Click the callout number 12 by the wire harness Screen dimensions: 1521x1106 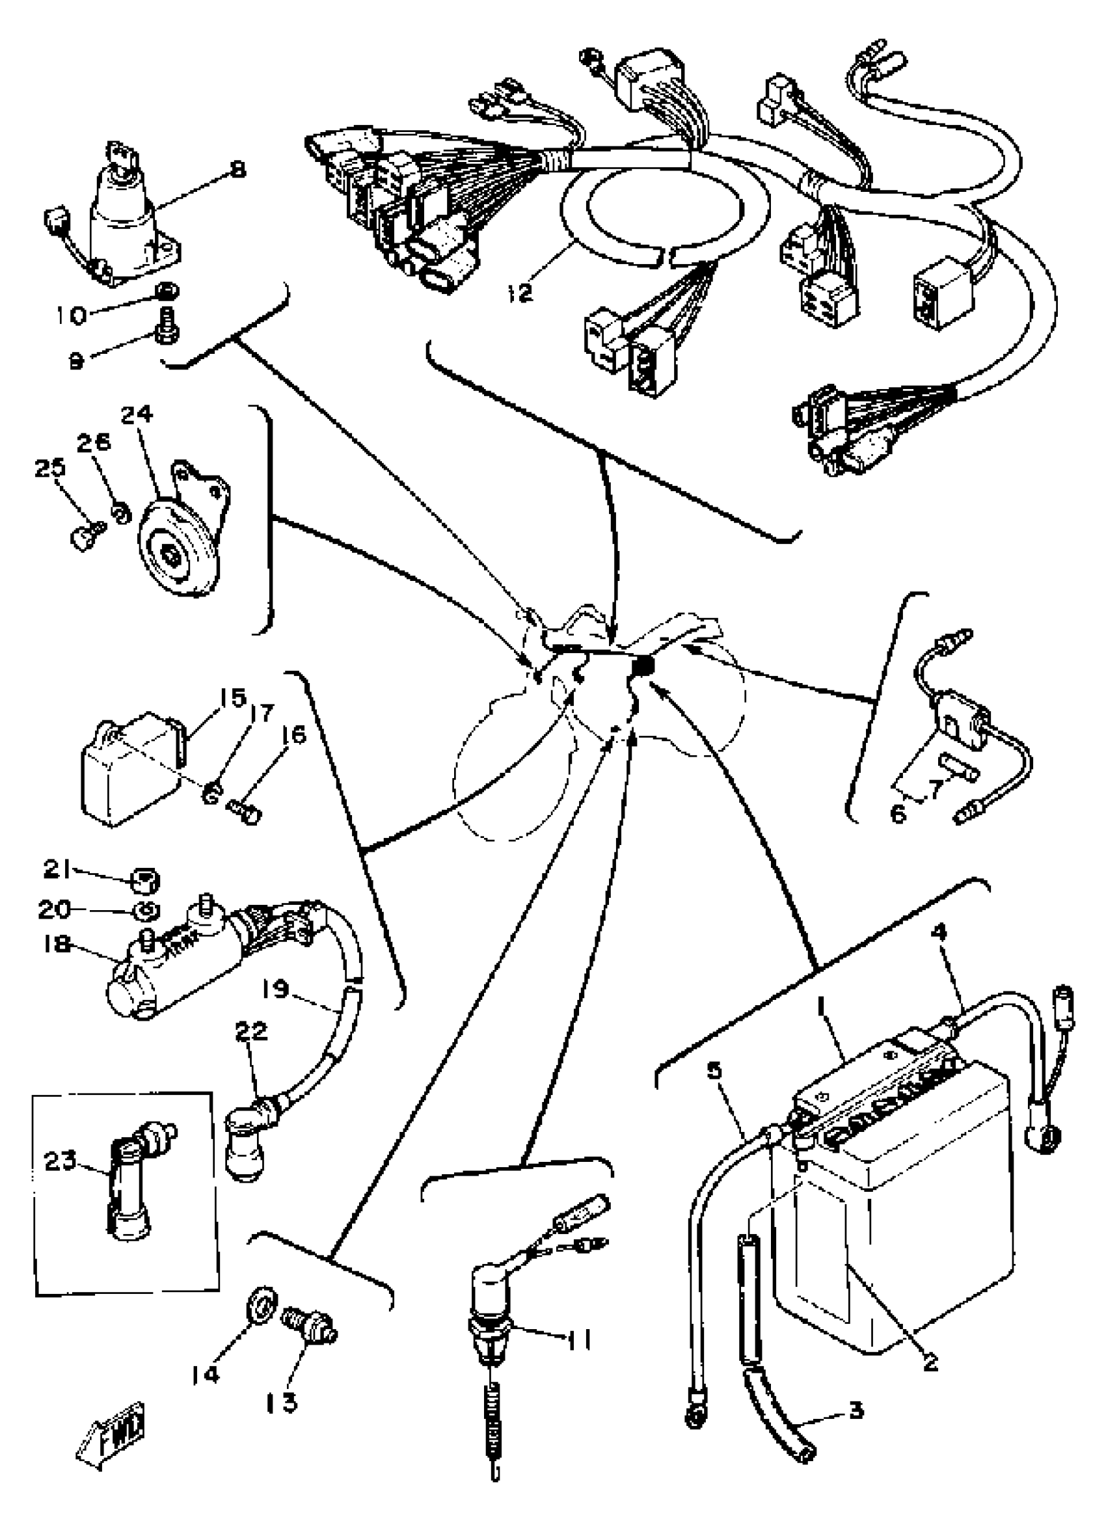tap(519, 293)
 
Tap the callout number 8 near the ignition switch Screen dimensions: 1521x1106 tap(237, 169)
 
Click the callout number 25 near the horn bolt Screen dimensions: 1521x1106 tap(50, 468)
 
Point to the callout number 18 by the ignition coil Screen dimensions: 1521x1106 tap(57, 945)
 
